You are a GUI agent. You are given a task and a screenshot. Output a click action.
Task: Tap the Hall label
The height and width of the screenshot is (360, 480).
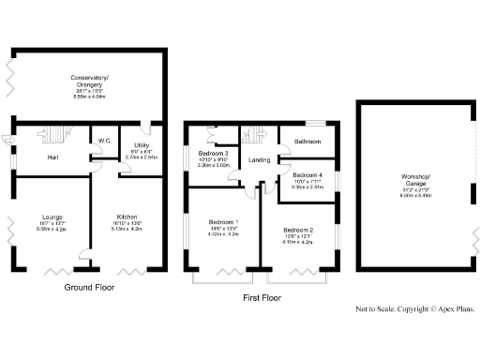pyautogui.click(x=54, y=157)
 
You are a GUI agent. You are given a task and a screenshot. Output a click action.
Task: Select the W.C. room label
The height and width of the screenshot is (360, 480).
pyautogui.click(x=105, y=142)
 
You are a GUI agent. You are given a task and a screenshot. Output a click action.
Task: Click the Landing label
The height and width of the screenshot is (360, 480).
pyautogui.click(x=259, y=160)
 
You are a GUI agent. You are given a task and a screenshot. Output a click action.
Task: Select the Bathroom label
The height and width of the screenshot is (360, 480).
pyautogui.click(x=307, y=142)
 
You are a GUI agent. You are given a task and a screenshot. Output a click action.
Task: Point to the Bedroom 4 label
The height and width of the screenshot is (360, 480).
pyautogui.click(x=307, y=175)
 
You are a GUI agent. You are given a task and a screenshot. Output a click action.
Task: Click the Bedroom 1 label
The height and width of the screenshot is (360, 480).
pyautogui.click(x=222, y=222)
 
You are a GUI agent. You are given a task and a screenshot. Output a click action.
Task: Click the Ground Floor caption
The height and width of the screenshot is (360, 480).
pyautogui.click(x=89, y=287)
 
